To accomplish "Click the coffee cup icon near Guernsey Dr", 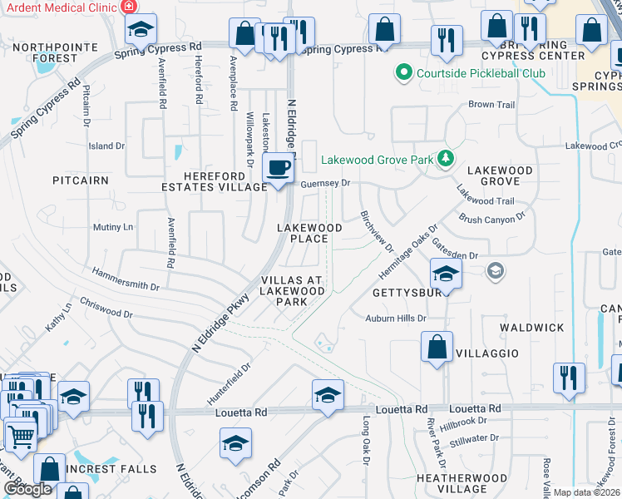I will pos(278,167).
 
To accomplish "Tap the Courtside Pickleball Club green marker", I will pos(404,73).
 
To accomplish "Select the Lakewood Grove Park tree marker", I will pos(446,158).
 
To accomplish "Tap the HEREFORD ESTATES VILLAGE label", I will pos(215,181).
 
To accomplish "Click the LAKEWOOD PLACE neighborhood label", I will pos(309,233).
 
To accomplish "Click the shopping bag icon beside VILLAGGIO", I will pos(437,348).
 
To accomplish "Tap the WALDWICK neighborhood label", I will pos(532,328).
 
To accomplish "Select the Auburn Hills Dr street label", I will pos(396,319).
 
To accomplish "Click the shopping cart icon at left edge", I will pos(21,434).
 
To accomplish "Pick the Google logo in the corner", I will pos(27,489).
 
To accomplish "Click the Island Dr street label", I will pos(106,146).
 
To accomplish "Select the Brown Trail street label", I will pos(491,105).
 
